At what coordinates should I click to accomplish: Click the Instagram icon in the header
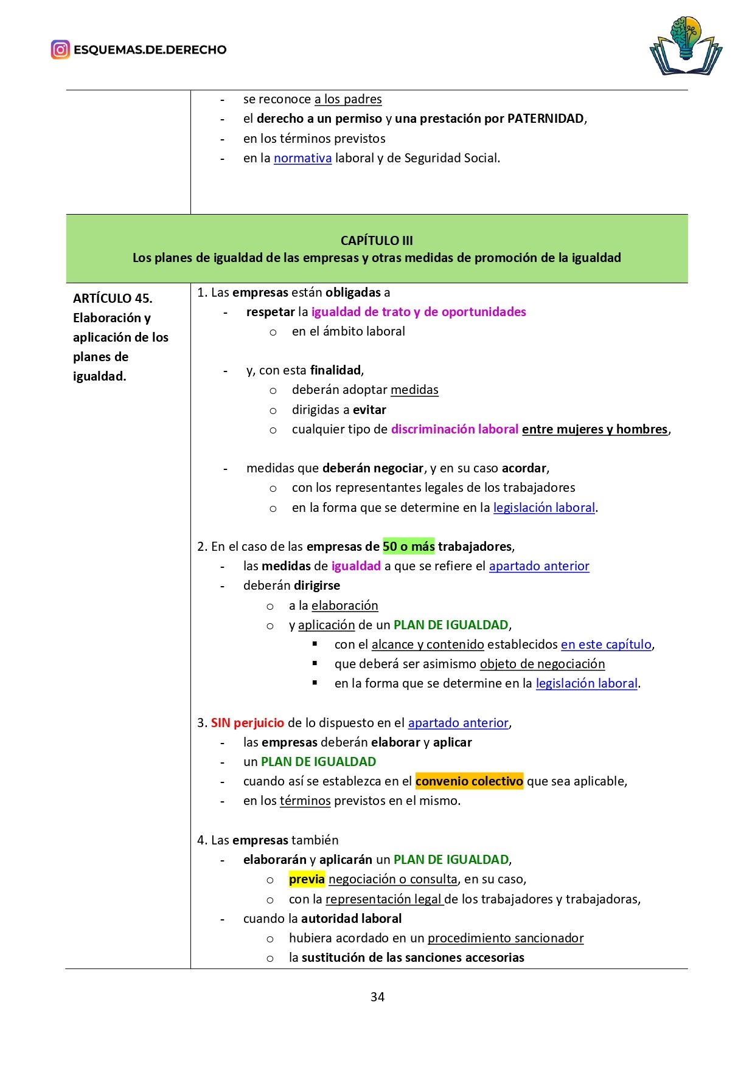60,49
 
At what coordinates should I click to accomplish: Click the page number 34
377,996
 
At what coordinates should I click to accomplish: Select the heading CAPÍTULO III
377,240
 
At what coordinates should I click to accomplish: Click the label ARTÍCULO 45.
113,298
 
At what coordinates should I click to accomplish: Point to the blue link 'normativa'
302,158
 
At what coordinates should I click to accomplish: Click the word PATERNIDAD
545,119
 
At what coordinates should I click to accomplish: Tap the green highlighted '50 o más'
408,546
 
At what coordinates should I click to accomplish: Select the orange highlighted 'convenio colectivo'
469,781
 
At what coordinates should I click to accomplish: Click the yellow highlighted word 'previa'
307,879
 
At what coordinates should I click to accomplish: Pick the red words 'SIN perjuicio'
248,722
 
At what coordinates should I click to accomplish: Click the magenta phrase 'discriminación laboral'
454,429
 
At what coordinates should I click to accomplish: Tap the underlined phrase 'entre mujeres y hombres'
595,429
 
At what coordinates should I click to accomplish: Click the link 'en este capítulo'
606,644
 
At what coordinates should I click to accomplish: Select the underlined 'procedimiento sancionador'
506,938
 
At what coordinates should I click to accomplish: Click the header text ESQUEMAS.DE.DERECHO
150,50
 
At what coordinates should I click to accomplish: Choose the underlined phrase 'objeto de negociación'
542,663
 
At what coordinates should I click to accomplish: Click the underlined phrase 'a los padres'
348,99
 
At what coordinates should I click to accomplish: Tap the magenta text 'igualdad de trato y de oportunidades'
419,312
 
